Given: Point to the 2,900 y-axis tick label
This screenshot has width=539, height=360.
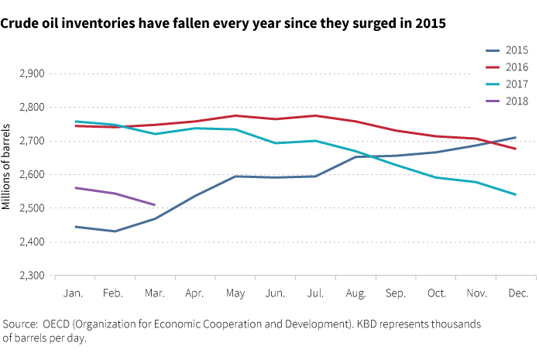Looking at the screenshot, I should pyautogui.click(x=31, y=74).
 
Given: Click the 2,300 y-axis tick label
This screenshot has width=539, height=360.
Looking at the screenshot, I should pyautogui.click(x=31, y=276).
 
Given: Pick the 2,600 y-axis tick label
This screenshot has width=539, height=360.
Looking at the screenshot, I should pyautogui.click(x=31, y=175).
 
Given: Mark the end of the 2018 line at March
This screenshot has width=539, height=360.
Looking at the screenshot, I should pyautogui.click(x=155, y=205).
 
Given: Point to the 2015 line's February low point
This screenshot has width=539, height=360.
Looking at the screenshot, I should pyautogui.click(x=115, y=231).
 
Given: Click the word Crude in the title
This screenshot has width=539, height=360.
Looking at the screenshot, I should pyautogui.click(x=19, y=23).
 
